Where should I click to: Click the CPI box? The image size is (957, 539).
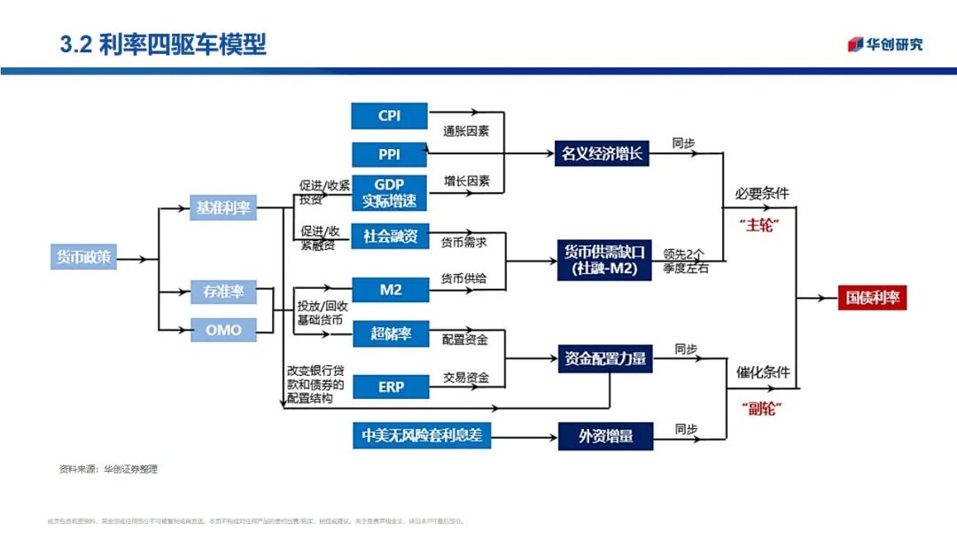pos(389,116)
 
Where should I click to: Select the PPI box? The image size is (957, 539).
pos(389,154)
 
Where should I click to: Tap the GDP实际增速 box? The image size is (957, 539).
pos(389,193)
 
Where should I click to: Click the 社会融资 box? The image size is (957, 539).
pos(389,237)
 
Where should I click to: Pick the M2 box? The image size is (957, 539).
pos(389,290)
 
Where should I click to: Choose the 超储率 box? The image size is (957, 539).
pos(389,334)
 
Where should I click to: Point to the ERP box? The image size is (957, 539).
pos(389,387)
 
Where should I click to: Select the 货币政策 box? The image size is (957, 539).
pos(83,257)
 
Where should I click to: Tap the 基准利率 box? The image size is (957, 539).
pos(223,209)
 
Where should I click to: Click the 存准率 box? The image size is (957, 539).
pos(223,291)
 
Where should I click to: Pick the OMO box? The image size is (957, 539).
pos(223,330)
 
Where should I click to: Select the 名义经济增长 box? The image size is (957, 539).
pos(603,154)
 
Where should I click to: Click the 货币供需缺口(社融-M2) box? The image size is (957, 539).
pos(603,260)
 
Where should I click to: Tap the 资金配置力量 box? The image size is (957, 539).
pos(603,359)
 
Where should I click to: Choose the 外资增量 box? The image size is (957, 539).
pos(603,435)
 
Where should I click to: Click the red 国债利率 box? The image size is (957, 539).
pos(872,298)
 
